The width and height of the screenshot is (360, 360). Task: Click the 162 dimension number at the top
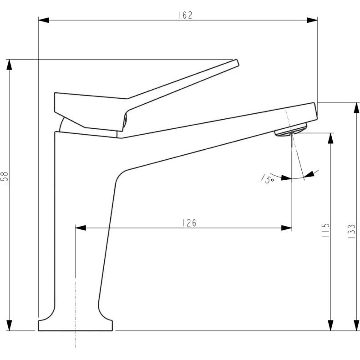pos(185,15)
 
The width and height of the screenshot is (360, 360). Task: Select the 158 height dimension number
pos(5,178)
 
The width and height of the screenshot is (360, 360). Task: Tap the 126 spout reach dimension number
pos(189,223)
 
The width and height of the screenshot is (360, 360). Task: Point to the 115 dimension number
pos(326,230)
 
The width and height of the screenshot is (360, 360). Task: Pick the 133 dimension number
pos(351,231)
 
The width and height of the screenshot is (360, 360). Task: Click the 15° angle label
pos(268,178)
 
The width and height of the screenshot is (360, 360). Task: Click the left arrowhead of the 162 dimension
pos(44,20)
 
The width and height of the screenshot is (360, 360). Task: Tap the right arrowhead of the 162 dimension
pos(312,20)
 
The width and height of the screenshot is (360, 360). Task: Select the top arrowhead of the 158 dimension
pos(9,65)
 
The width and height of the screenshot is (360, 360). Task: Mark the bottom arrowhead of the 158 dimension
pos(9,325)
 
